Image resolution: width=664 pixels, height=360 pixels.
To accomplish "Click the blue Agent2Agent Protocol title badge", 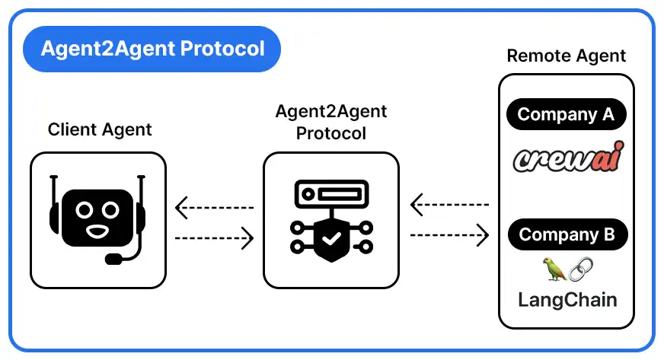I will [152, 49].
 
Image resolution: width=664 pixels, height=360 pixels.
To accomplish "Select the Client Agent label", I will [100, 129].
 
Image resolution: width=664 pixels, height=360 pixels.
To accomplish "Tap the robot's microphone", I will [113, 259].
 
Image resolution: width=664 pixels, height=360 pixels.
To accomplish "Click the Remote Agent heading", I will [566, 56].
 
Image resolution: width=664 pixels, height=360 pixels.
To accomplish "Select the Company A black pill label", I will [566, 115].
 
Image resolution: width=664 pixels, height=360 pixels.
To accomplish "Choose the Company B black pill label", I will [566, 234].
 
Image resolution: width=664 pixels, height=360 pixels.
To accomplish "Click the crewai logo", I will [567, 158].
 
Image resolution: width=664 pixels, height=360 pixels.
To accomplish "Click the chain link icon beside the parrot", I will [580, 268].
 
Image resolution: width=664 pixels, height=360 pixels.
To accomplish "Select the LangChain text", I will [567, 299].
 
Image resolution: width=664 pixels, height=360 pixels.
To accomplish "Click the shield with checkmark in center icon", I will [330, 239].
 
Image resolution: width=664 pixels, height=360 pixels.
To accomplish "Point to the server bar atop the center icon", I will [330, 193].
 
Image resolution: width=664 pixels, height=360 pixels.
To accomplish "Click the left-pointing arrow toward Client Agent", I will [214, 207].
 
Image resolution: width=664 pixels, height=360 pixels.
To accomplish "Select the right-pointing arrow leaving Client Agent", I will [214, 239].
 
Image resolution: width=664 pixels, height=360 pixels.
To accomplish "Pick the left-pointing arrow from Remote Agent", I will [449, 204].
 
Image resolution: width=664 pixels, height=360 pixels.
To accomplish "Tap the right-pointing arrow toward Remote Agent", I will [449, 235].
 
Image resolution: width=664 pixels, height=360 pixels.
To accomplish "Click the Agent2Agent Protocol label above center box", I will [330, 122].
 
